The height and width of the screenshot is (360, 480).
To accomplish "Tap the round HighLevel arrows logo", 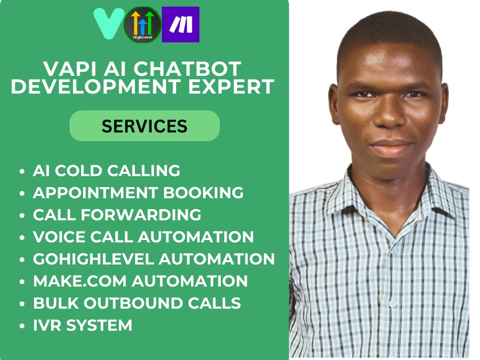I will tap(143, 25).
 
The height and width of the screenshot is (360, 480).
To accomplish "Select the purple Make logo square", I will tap(180, 24).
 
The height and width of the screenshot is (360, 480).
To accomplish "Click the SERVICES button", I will tap(144, 126).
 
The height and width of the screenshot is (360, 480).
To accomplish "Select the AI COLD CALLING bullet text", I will tap(107, 170).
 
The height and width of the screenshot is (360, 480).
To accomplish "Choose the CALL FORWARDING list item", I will tap(117, 215).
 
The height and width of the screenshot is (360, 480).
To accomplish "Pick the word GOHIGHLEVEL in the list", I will tap(93, 259).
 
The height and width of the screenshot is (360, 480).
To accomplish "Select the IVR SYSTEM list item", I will tap(83, 325).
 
